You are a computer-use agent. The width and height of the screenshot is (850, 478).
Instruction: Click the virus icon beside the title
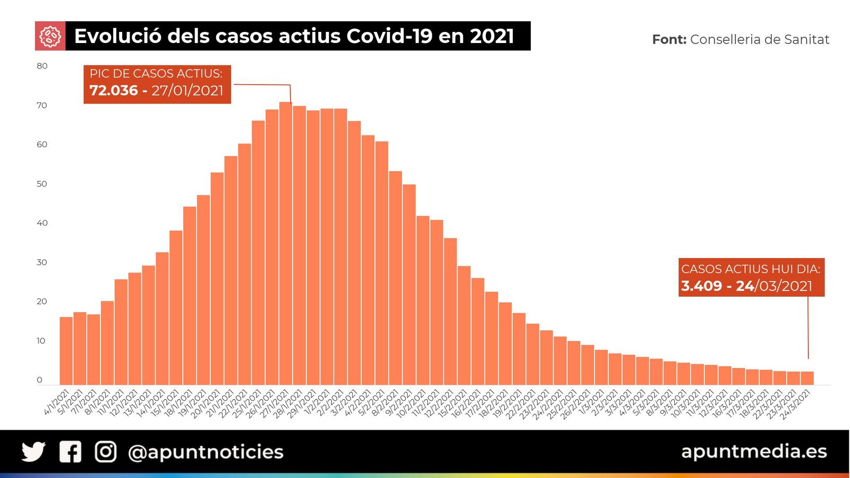(x=50, y=36)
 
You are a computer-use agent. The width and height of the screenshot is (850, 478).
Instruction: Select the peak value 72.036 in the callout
(x=114, y=90)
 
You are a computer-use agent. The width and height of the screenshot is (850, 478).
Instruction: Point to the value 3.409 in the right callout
(x=701, y=286)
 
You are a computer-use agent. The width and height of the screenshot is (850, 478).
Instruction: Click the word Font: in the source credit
(x=669, y=39)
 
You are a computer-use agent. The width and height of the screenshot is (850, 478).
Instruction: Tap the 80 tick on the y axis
(x=42, y=66)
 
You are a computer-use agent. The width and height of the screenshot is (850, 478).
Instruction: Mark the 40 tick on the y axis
(x=42, y=223)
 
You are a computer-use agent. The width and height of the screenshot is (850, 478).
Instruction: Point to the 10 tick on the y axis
(x=41, y=341)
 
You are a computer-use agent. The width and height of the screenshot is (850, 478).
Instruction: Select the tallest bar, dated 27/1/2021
(x=286, y=244)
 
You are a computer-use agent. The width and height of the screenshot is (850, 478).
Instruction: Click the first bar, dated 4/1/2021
(x=66, y=351)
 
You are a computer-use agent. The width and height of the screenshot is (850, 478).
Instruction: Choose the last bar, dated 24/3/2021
(x=807, y=378)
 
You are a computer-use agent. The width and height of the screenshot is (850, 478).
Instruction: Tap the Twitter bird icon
(x=33, y=452)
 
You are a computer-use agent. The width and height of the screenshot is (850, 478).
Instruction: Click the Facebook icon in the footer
(x=70, y=452)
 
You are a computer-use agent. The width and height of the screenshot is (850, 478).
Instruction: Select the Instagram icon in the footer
(x=105, y=452)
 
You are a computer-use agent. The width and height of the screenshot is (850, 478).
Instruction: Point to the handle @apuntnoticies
(x=206, y=452)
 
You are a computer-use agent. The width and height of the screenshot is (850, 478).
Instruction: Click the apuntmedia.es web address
(x=754, y=451)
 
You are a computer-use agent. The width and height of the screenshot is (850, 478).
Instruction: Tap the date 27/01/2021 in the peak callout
(x=188, y=90)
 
